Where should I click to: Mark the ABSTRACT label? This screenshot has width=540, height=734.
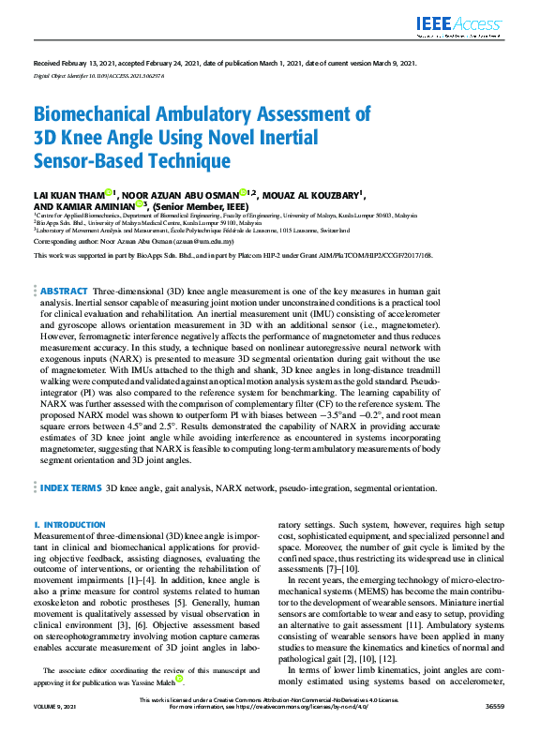(65, 292)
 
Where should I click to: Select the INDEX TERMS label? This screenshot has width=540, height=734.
(70, 488)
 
